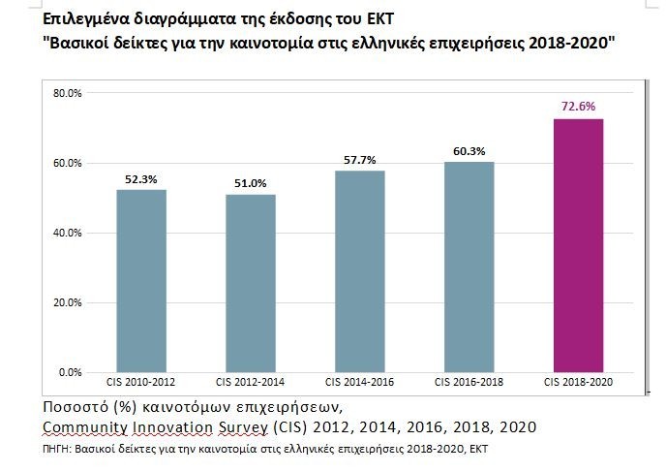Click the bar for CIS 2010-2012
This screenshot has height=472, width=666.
[141, 281]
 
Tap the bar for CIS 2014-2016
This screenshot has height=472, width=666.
[360, 271]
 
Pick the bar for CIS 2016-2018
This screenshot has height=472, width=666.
[469, 267]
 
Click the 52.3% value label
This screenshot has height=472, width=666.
[141, 177]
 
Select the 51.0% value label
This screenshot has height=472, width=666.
[251, 183]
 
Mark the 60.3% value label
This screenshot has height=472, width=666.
[469, 150]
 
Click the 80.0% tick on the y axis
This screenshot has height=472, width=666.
[69, 93]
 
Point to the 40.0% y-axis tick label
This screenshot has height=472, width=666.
[69, 233]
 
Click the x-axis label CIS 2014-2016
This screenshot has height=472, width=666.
[360, 383]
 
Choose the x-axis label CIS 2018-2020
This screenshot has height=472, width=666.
[579, 383]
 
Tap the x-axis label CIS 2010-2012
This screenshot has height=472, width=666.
[141, 383]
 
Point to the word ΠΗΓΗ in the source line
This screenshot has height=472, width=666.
[60, 451]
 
